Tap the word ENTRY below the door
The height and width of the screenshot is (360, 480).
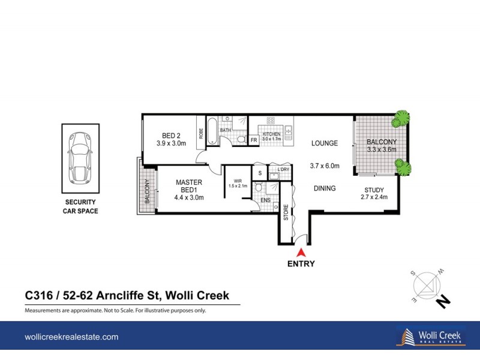(301, 263)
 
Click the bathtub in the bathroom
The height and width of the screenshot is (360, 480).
(212, 130)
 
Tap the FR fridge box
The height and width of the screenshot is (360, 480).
(254, 140)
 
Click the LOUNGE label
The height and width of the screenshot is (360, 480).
(325, 143)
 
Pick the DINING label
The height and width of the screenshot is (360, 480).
(325, 188)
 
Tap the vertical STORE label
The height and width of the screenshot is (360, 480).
(286, 212)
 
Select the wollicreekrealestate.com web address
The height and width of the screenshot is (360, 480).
(71, 337)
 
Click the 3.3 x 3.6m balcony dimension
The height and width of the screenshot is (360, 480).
(382, 150)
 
